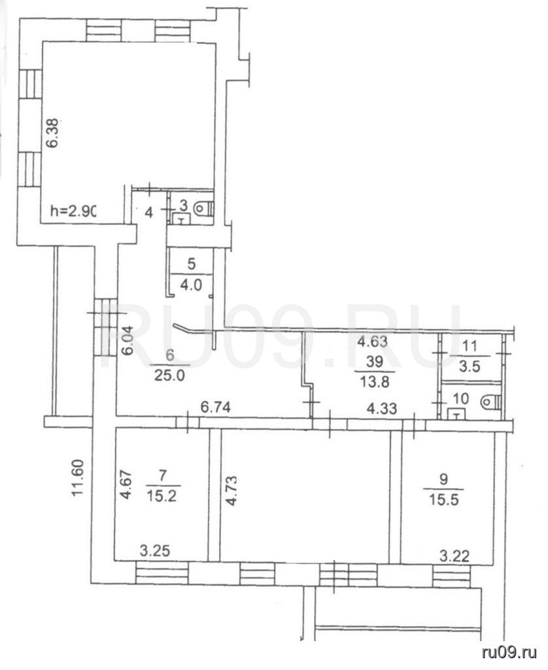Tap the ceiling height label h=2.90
(73, 211)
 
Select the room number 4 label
(148, 213)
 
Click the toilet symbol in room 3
(204, 209)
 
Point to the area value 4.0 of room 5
(191, 284)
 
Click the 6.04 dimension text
(128, 341)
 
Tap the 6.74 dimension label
(216, 407)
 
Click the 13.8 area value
(375, 381)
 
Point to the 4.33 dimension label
(383, 408)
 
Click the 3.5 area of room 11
(470, 366)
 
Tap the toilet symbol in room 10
(490, 402)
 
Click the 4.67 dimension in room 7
(126, 485)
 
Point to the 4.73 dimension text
(231, 491)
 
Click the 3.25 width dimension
(154, 550)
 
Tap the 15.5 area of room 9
(444, 499)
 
